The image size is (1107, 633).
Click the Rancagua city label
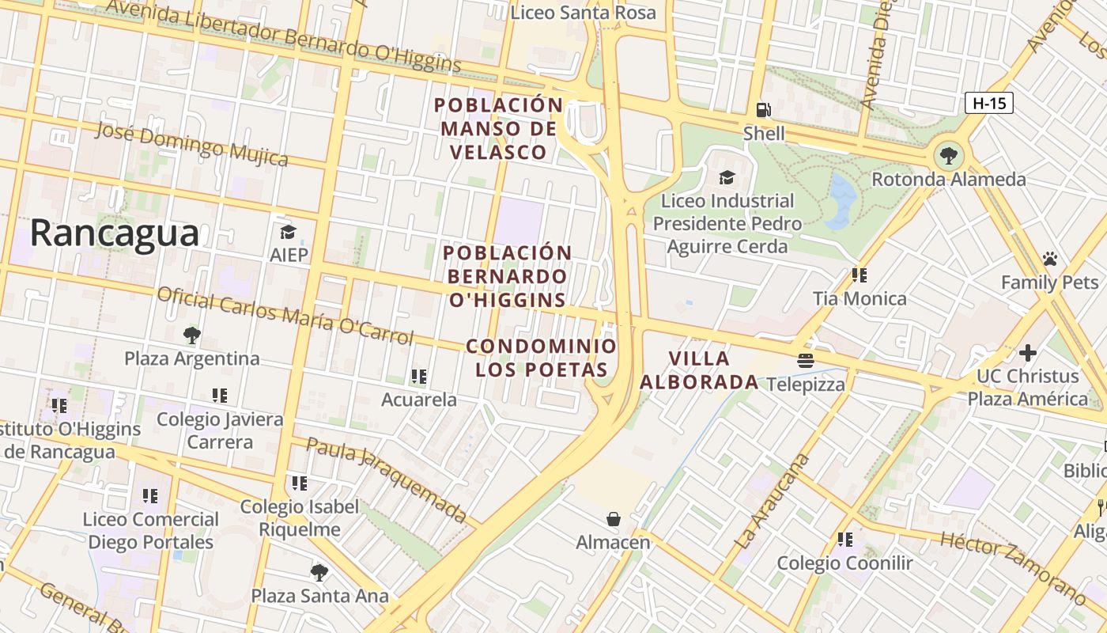click(115, 234)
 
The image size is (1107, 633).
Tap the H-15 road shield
click(988, 103)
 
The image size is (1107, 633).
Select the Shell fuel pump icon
click(763, 110)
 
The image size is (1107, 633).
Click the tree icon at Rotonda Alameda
click(947, 156)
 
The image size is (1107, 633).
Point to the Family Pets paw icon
click(1049, 259)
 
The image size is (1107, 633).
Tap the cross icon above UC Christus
click(1027, 352)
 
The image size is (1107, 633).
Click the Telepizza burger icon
click(806, 361)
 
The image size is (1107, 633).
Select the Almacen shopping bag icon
click(613, 519)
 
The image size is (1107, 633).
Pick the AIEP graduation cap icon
click(288, 232)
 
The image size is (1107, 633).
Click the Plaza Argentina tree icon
click(191, 335)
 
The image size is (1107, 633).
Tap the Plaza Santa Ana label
click(319, 596)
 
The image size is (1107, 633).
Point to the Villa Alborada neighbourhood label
click(699, 370)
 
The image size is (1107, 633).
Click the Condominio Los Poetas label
click(541, 358)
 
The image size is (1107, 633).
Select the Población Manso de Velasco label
click(498, 128)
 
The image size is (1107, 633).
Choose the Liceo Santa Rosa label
click(583, 13)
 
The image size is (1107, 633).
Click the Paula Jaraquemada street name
click(387, 480)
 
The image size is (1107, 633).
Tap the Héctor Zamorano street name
click(1013, 567)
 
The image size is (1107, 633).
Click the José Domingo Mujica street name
click(191, 144)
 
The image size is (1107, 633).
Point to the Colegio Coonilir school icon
click(844, 540)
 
